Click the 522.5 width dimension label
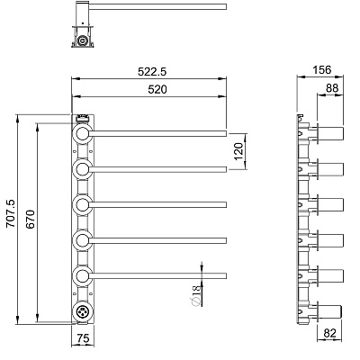coord(152,72)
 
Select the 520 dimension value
coord(157,89)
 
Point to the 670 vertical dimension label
coord(30,220)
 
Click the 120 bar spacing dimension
coord(238,151)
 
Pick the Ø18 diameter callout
coord(195,296)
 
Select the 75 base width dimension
coord(83,338)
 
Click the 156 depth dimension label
coord(322,69)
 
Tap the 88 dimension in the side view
coord(332,88)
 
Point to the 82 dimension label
coord(329,333)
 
